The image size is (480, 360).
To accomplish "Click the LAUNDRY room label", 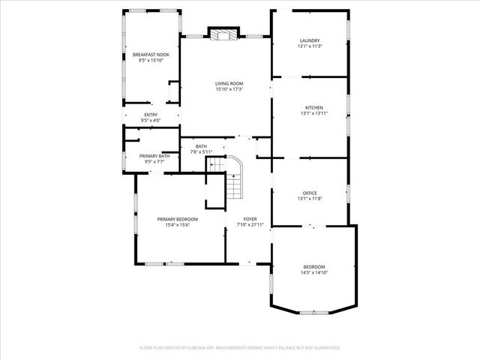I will (310, 40).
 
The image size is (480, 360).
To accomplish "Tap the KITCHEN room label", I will (313, 107).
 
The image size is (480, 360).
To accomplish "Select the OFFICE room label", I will (309, 193).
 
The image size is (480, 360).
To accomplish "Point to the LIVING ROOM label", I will (229, 84).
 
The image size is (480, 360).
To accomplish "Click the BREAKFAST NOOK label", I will (151, 55).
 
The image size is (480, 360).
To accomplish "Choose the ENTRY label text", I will (151, 115).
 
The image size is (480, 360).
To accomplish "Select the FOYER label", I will (250, 219).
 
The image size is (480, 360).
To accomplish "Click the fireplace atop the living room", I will (223, 33).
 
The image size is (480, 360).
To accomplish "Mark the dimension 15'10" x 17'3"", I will (229, 90).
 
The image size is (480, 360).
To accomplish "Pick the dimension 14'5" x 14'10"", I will (314, 272).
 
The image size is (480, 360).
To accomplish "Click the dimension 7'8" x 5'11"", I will (201, 152).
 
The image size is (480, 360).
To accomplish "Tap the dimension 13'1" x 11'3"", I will (310, 46).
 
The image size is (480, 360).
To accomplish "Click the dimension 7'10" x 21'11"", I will (250, 225).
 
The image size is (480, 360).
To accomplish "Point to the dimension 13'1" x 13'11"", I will (313, 113).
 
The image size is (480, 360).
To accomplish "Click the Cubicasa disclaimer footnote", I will (240, 348).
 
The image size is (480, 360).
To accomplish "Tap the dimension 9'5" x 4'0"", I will (151, 121).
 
